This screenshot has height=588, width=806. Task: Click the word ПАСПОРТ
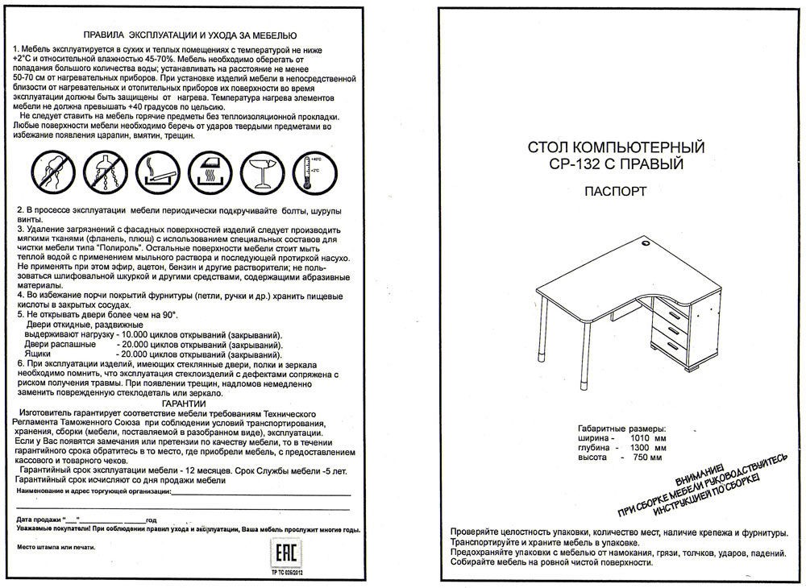point(616,192)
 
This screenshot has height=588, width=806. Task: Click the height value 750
point(637,458)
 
